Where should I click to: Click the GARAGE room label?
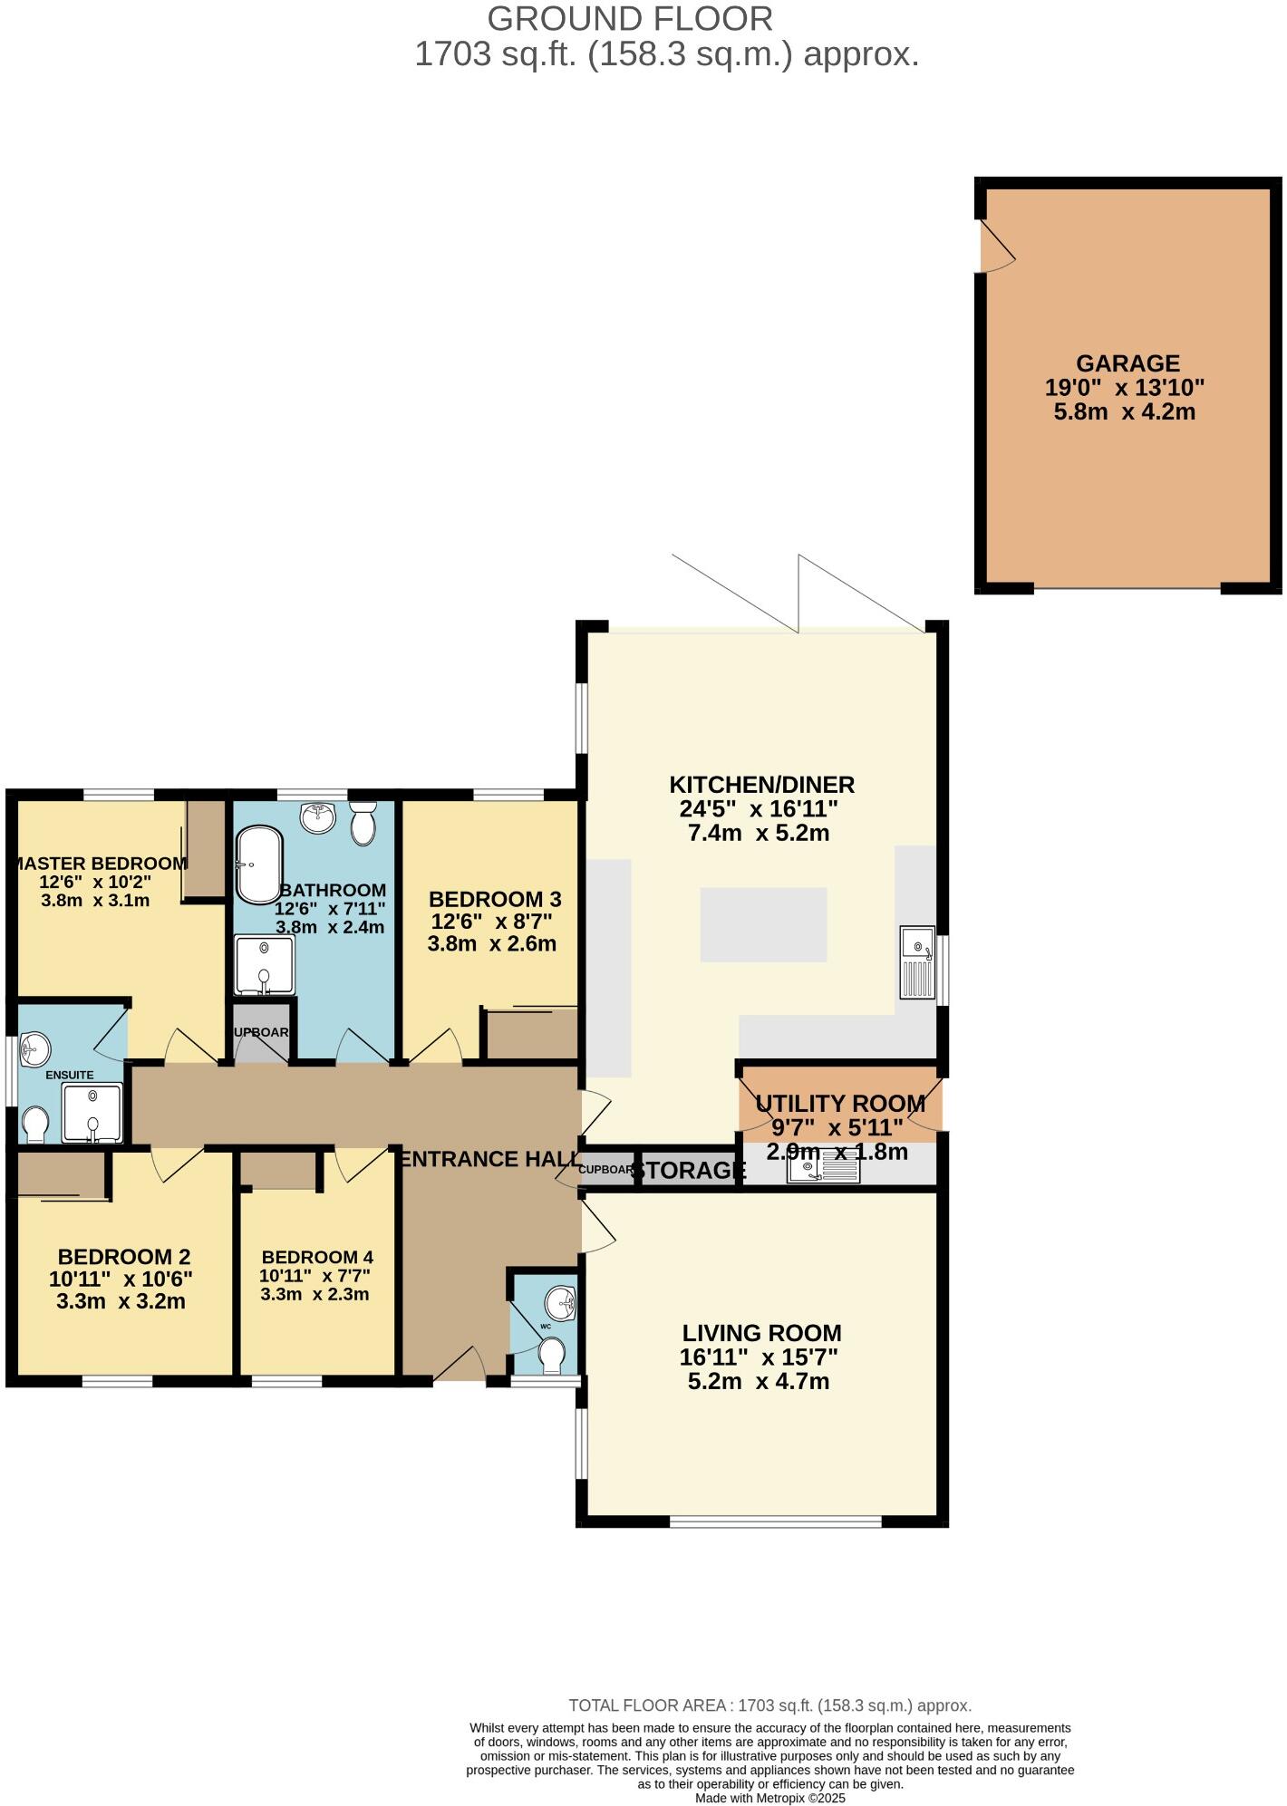(1127, 363)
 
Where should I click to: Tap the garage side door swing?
(997, 246)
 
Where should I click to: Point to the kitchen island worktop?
(763, 924)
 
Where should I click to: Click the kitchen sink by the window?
(917, 962)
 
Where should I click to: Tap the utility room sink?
(823, 1170)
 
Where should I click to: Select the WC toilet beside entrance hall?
(551, 1357)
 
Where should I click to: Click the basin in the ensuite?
(35, 1049)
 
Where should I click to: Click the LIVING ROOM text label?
(761, 1333)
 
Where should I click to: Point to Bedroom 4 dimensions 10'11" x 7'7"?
(314, 1276)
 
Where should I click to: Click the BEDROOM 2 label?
(123, 1257)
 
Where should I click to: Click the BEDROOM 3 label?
(494, 900)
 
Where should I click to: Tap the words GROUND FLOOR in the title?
(630, 19)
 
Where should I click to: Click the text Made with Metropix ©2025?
(769, 1798)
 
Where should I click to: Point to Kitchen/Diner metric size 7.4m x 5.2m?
(759, 834)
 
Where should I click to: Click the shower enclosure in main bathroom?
(264, 965)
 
